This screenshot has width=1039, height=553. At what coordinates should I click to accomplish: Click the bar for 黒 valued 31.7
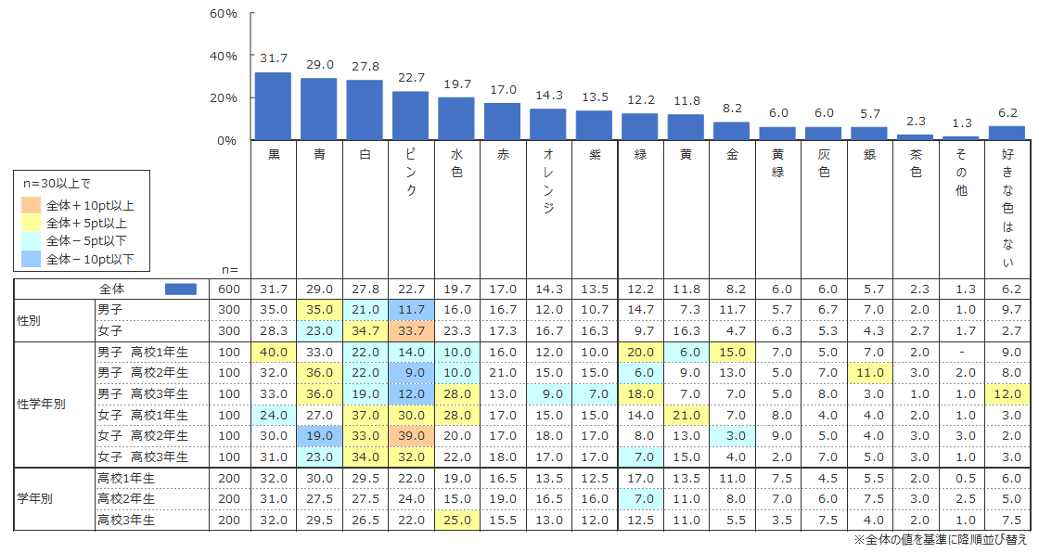[x=273, y=106]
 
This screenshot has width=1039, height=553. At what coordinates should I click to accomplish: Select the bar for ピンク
[x=410, y=115]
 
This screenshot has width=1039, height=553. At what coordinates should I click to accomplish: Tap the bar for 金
[x=731, y=131]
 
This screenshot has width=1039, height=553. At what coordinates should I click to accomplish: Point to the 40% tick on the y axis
[x=224, y=56]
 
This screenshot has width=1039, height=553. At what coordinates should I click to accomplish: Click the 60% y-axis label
[x=224, y=14]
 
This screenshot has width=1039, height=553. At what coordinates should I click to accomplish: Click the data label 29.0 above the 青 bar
[x=318, y=64]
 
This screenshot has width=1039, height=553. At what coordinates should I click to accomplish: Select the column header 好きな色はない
[x=1007, y=208]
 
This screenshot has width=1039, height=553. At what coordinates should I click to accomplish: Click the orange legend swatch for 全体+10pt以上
[x=30, y=205]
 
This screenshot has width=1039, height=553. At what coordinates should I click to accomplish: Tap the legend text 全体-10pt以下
[x=90, y=259]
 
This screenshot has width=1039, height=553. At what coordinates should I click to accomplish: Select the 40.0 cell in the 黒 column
[x=273, y=353]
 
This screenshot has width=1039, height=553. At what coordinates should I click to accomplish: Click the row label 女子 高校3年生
[x=143, y=457]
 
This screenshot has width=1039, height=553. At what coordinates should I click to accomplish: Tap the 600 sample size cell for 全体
[x=226, y=289]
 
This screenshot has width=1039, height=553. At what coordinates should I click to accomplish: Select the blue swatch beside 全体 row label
[x=180, y=289]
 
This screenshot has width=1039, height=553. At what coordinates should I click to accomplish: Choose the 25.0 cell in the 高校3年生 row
[x=456, y=520]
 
